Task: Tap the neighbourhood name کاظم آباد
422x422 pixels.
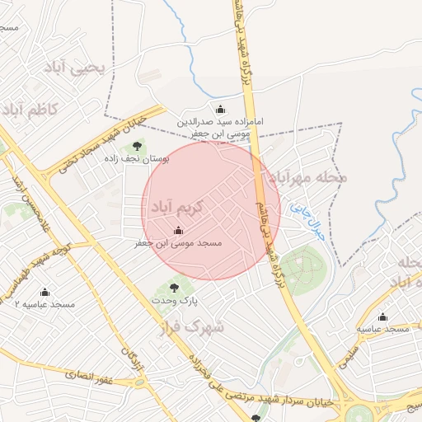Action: point(30,108)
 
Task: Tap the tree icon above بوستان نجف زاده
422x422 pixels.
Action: point(138,146)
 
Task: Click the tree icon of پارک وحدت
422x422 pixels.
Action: point(174,287)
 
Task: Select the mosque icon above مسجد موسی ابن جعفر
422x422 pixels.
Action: point(179,230)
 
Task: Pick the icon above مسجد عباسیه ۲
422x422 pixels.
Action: point(45,292)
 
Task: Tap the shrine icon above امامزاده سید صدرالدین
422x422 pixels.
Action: point(220,109)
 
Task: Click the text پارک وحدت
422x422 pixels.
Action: point(175,302)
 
